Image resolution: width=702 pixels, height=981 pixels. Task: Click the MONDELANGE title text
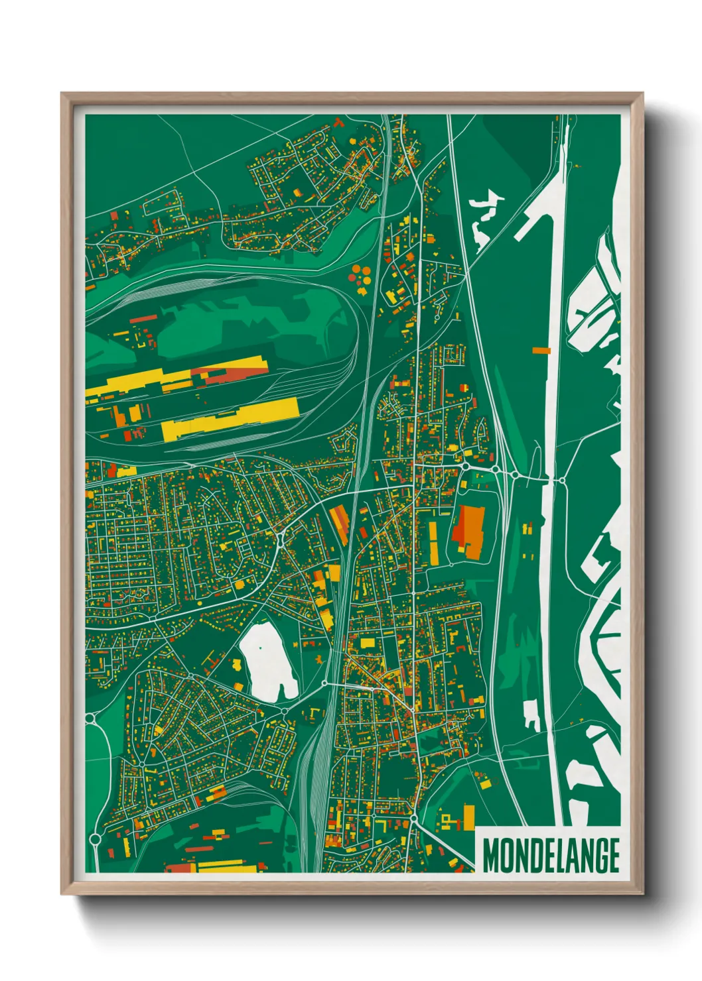[x=551, y=855]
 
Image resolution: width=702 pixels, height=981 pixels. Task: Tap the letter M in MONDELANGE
[x=492, y=855]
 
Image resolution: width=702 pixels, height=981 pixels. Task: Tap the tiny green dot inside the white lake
[x=261, y=648]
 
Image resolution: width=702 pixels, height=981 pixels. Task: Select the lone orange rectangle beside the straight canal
[x=541, y=350]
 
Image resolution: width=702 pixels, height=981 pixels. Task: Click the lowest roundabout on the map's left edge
[x=95, y=839]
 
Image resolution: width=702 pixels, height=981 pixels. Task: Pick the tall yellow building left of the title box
[x=469, y=816]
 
